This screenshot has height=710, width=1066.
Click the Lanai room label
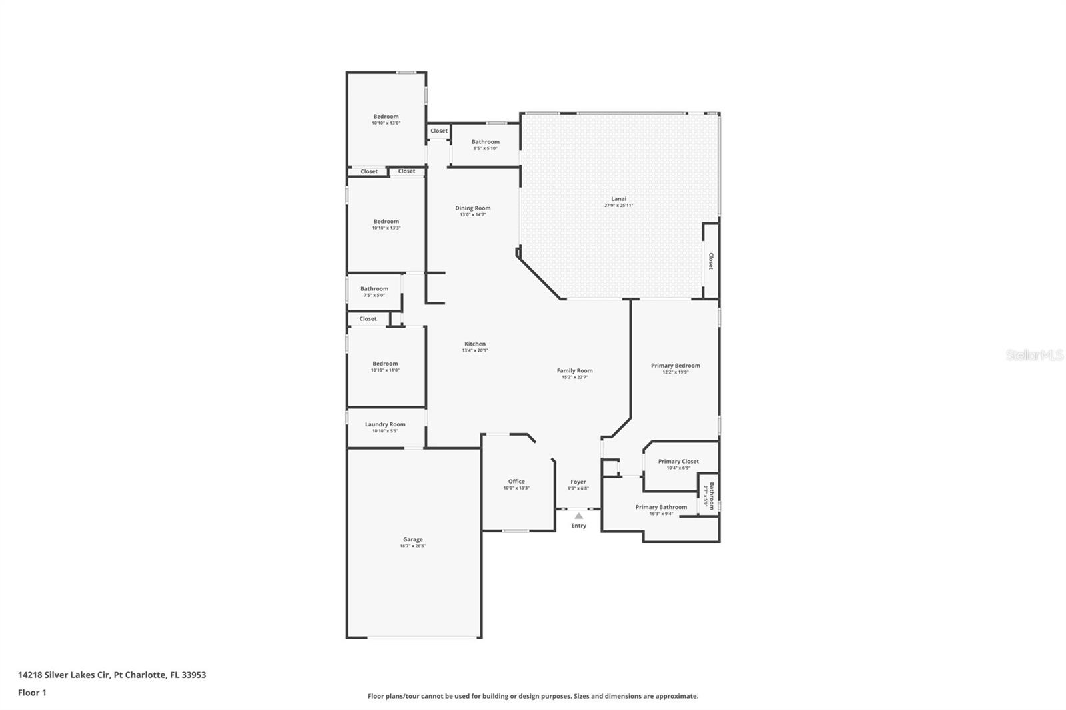pos(618,198)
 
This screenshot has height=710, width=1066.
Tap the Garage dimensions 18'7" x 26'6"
pos(412,546)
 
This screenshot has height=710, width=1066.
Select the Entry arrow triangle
pos(578,516)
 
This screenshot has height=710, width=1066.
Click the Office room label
pos(516,481)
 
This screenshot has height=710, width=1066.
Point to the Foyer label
pos(578,482)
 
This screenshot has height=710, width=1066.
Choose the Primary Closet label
pos(678,461)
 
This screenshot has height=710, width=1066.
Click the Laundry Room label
pos(385,424)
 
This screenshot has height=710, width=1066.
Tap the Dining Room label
pos(472,208)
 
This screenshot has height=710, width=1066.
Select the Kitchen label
pos(475,344)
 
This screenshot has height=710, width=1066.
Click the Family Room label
pos(574,370)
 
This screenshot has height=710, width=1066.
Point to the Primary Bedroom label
pos(675,365)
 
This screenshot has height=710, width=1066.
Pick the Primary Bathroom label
pos(661,507)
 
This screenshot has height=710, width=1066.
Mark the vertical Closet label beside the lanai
pos(710,261)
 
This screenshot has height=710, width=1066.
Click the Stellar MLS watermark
pos(1034,355)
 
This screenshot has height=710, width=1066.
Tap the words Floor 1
pos(32,693)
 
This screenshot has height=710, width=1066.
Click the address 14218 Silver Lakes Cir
pos(64,675)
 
